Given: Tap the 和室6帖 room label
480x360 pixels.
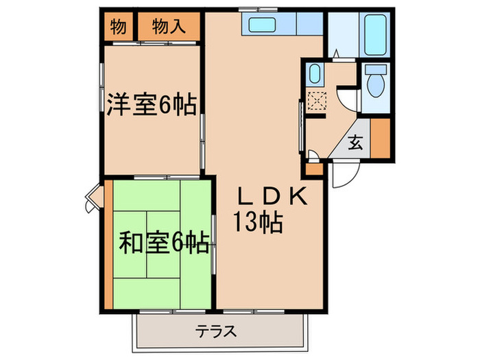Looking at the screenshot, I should pos(163,243).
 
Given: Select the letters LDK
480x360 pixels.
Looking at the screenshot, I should pos(270,197).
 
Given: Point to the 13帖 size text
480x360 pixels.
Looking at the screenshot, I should pos(258,224).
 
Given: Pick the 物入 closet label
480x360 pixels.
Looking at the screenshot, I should pos(169,27).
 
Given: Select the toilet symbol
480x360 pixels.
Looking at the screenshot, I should pos(376,83).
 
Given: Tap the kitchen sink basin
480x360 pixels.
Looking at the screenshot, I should pos(261,26).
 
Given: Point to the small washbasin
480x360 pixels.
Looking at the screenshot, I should pos(314,73).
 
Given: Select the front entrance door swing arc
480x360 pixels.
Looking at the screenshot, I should pos(342,176).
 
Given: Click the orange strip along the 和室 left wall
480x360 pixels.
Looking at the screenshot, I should pos(109,243).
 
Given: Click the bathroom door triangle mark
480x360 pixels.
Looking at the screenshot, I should pos(336,53).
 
